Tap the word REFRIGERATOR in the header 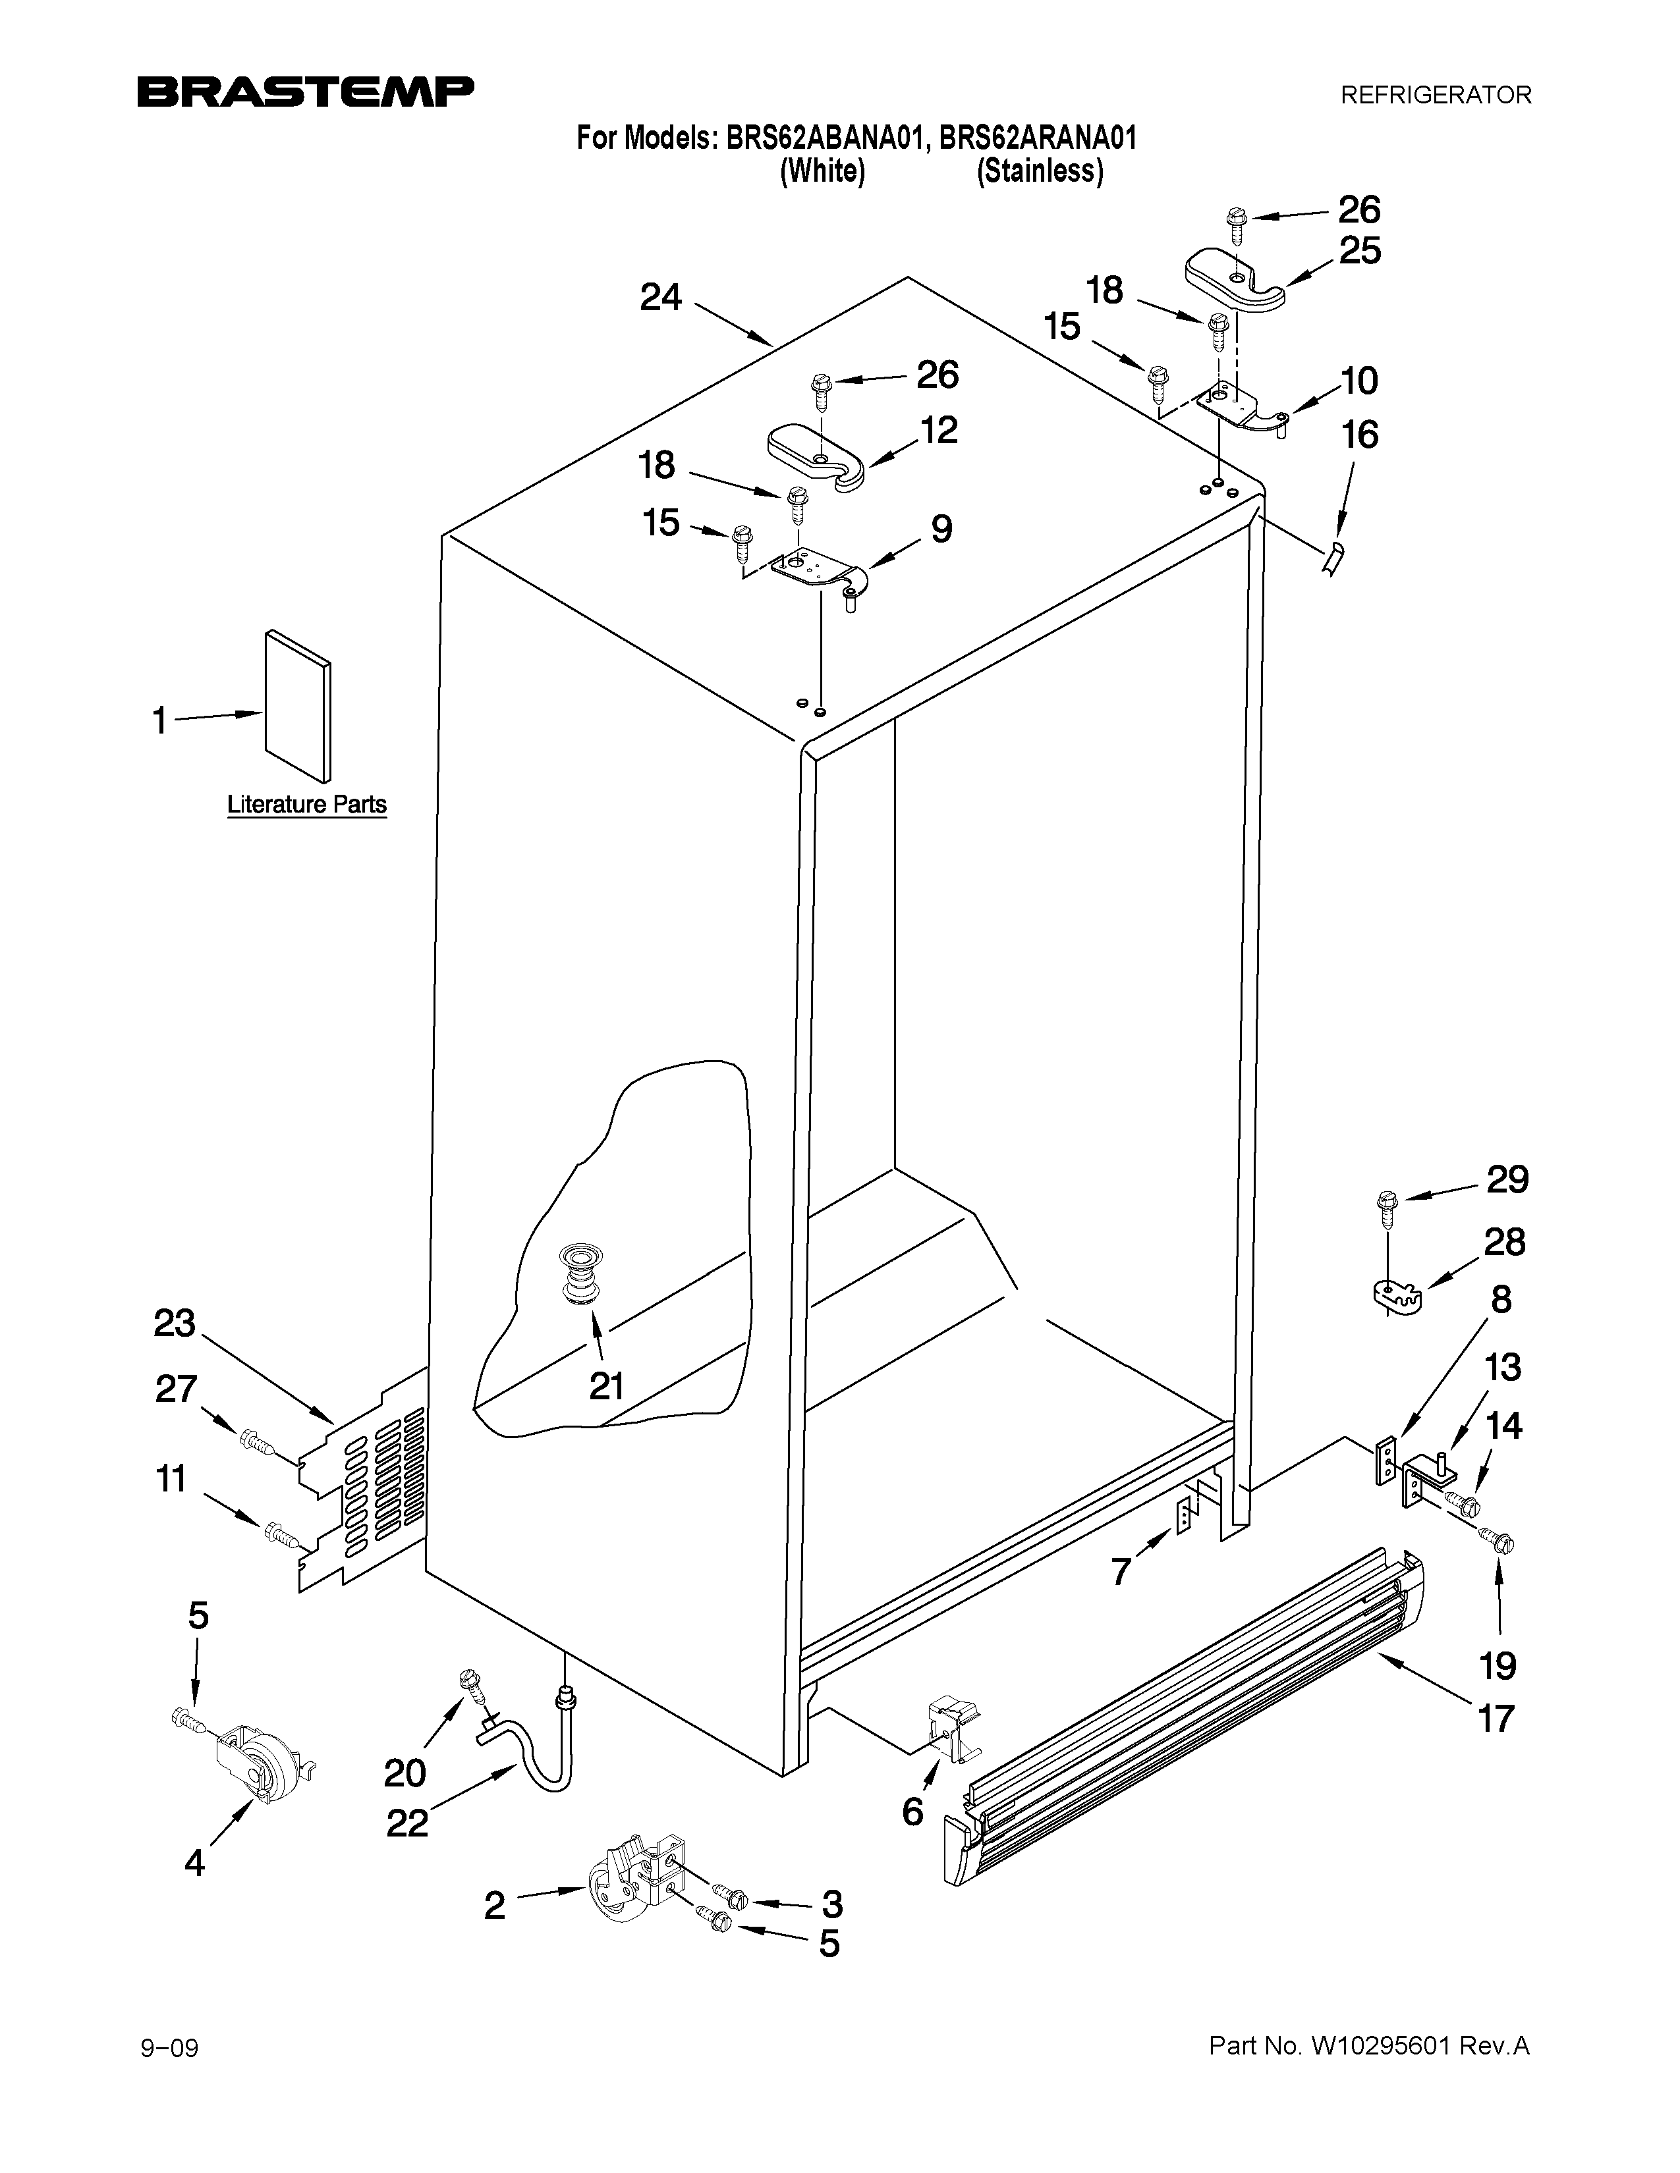coord(1435,95)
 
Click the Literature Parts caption coord(306,804)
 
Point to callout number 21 coord(606,1385)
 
